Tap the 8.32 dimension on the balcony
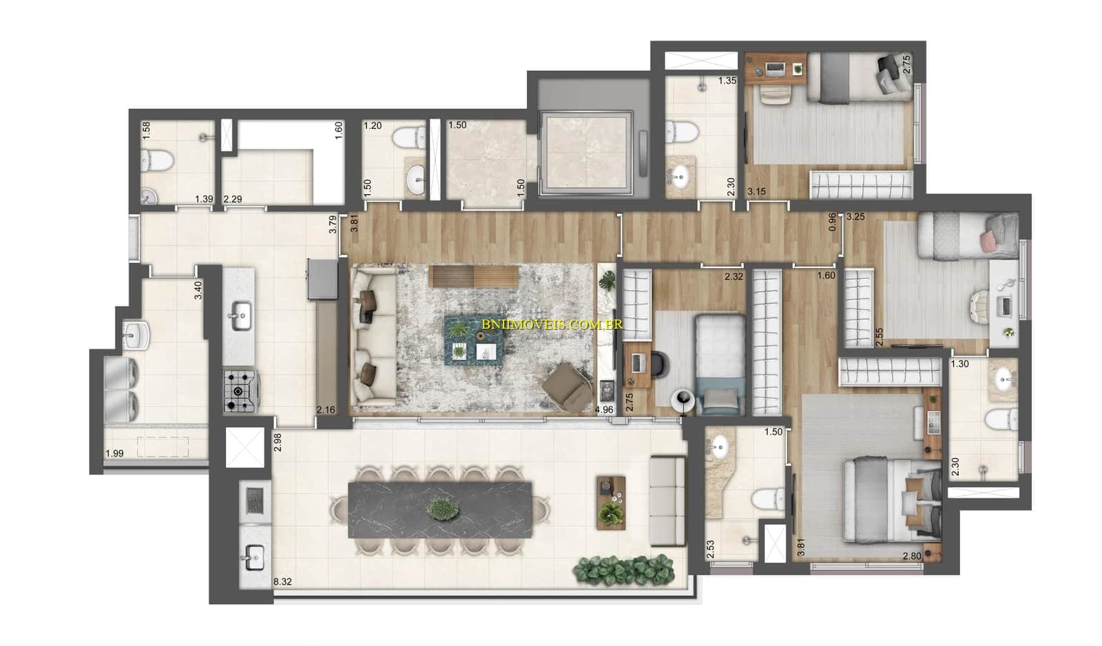pyautogui.click(x=282, y=582)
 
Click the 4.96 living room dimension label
pyautogui.click(x=603, y=410)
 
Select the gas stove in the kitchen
pyautogui.click(x=239, y=391)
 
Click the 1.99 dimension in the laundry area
pyautogui.click(x=114, y=453)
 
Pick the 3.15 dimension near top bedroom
pyautogui.click(x=756, y=192)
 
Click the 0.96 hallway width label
pyautogui.click(x=832, y=221)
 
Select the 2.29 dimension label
pyautogui.click(x=232, y=200)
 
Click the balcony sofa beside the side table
pyautogui.click(x=667, y=501)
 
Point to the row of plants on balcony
pyautogui.click(x=624, y=570)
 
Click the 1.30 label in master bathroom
pyautogui.click(x=959, y=364)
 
